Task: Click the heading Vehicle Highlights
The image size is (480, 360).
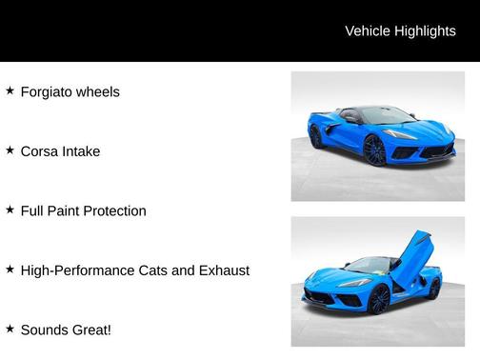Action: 400,31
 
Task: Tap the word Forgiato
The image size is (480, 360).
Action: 49,92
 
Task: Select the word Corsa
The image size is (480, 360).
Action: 39,151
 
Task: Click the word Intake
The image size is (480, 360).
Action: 81,151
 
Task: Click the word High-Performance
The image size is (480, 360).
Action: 79,270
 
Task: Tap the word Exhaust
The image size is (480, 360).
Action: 223,270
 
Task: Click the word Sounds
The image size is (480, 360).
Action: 45,330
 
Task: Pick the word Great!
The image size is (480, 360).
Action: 92,330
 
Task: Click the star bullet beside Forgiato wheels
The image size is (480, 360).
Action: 10,91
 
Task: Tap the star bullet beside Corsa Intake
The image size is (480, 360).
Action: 10,150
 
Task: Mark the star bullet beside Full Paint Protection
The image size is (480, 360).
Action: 10,210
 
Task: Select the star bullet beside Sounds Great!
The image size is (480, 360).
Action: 10,330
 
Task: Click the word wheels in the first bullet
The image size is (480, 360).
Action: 99,92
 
